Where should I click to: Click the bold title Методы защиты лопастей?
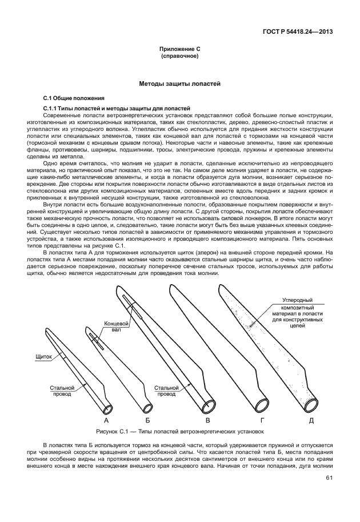[x=179, y=83]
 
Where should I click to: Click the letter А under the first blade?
[x=106, y=420]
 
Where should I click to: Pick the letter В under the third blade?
[x=207, y=420]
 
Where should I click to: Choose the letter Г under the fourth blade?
[x=262, y=420]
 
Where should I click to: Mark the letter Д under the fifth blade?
[x=311, y=420]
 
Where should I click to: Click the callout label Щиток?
[x=43, y=356]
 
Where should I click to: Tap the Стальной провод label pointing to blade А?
[x=62, y=390]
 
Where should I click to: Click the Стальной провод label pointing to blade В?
[x=166, y=390]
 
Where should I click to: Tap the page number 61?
[x=329, y=478]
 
